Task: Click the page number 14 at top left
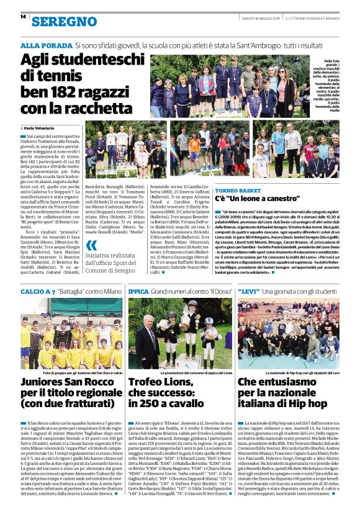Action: [23, 16]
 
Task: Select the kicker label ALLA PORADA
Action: [45, 46]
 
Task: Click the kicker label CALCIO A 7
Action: [38, 291]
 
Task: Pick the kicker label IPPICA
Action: [138, 291]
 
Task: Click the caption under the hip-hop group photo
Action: [298, 372]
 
